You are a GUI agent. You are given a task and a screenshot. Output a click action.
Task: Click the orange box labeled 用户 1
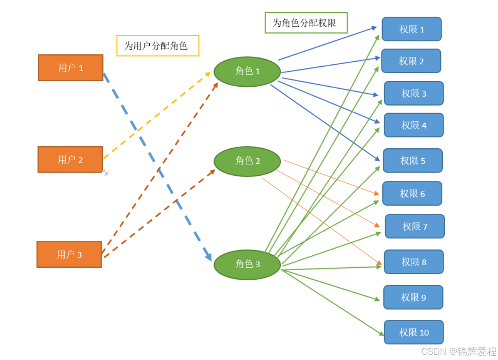pos(71,68)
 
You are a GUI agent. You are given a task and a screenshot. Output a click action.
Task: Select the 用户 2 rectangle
pos(70,160)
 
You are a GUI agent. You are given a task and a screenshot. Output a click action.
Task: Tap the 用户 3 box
pos(69,254)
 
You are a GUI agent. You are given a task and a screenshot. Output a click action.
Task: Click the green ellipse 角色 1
pos(247,72)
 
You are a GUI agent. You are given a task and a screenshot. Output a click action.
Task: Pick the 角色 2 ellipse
pos(247,161)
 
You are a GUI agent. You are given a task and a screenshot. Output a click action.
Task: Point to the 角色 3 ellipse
pos(247,264)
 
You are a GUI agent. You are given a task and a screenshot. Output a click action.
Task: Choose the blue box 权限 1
pos(412,29)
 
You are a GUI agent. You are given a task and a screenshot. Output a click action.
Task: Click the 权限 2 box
pos(411,61)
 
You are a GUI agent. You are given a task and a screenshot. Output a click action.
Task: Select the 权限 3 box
pos(414,93)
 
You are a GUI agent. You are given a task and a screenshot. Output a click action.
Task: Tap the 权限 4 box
pos(414,125)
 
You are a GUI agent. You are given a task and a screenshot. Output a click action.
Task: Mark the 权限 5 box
pos(413,161)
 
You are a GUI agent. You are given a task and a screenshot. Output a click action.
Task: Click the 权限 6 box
pos(412,194)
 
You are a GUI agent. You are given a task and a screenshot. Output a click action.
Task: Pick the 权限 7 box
pos(415,226)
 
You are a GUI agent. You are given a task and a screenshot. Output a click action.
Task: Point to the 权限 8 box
pos(414,262)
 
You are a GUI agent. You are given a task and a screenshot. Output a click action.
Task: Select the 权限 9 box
pos(413,297)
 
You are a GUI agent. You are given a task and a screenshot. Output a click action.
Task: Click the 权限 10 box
pos(414,332)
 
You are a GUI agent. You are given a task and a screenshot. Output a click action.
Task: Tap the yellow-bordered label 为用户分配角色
pos(158,46)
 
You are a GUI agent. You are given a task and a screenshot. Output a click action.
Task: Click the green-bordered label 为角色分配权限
pos(306,23)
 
